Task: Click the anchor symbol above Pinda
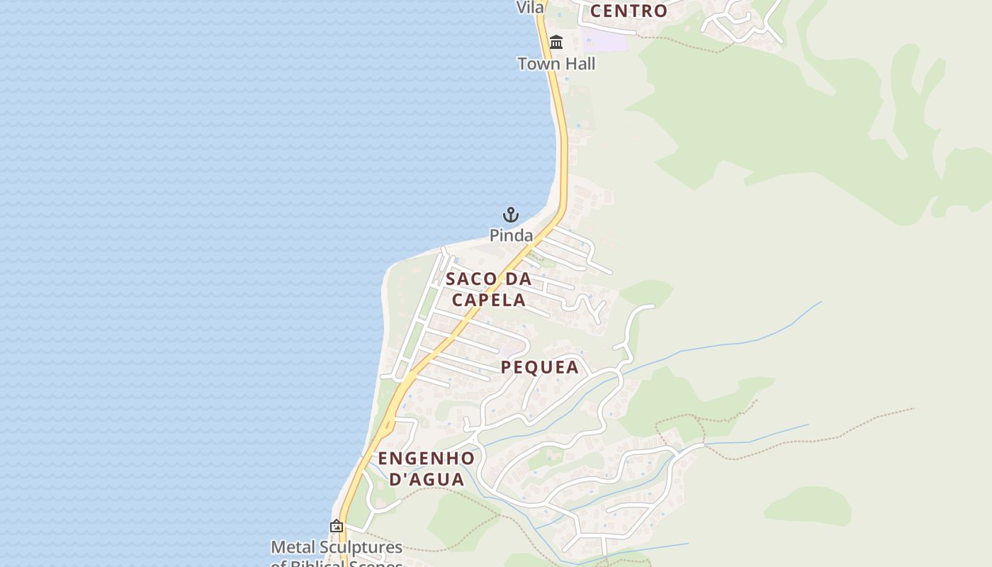click(511, 215)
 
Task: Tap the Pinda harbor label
click(511, 235)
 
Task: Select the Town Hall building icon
click(556, 43)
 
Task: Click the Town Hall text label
click(556, 64)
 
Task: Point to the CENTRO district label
click(629, 11)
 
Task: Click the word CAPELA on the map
click(489, 300)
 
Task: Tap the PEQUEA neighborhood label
click(540, 367)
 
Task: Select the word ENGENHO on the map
click(426, 458)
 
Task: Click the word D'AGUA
click(427, 479)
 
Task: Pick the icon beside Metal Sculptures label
click(337, 527)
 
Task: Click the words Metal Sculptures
click(337, 547)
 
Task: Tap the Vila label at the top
click(530, 7)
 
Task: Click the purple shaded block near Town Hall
click(604, 39)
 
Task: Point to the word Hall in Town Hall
click(578, 64)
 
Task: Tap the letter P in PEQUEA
click(507, 367)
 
